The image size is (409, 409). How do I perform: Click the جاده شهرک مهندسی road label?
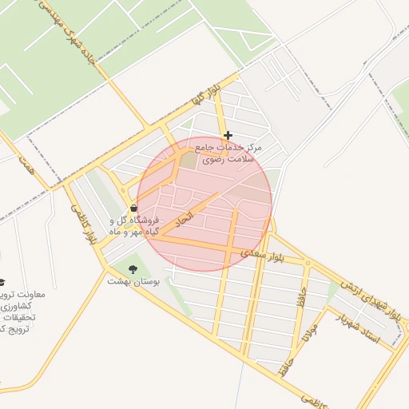tap(71, 38)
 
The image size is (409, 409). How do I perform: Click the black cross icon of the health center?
tap(228, 135)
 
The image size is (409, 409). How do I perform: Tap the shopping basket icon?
tap(133, 208)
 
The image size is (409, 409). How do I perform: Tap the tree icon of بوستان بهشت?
tap(133, 269)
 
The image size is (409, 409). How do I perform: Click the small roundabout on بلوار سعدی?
tap(307, 261)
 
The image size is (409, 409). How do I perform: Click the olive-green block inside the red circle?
tap(187, 160)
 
